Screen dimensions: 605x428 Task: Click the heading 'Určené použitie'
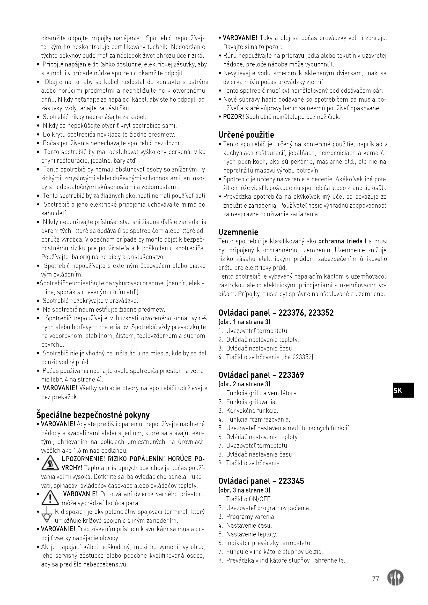[246, 135]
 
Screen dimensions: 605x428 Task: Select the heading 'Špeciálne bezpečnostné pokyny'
[93, 415]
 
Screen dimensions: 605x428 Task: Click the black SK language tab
[403, 390]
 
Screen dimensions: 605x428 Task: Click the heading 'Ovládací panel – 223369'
[261, 375]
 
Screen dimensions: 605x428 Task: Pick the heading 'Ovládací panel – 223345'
[261, 481]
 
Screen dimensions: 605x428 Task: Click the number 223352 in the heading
[321, 313]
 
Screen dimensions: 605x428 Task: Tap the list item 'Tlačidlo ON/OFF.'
[249, 499]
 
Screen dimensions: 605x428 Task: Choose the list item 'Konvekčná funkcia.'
[252, 411]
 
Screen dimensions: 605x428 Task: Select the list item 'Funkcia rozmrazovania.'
[258, 420]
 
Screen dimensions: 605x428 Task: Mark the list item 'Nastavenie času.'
[249, 525]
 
